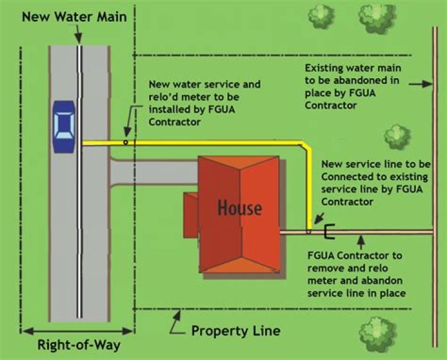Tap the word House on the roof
(240, 207)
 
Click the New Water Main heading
(74, 17)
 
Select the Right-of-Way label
(79, 344)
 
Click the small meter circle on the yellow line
(125, 142)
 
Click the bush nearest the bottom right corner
(377, 332)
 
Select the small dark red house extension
(190, 210)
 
